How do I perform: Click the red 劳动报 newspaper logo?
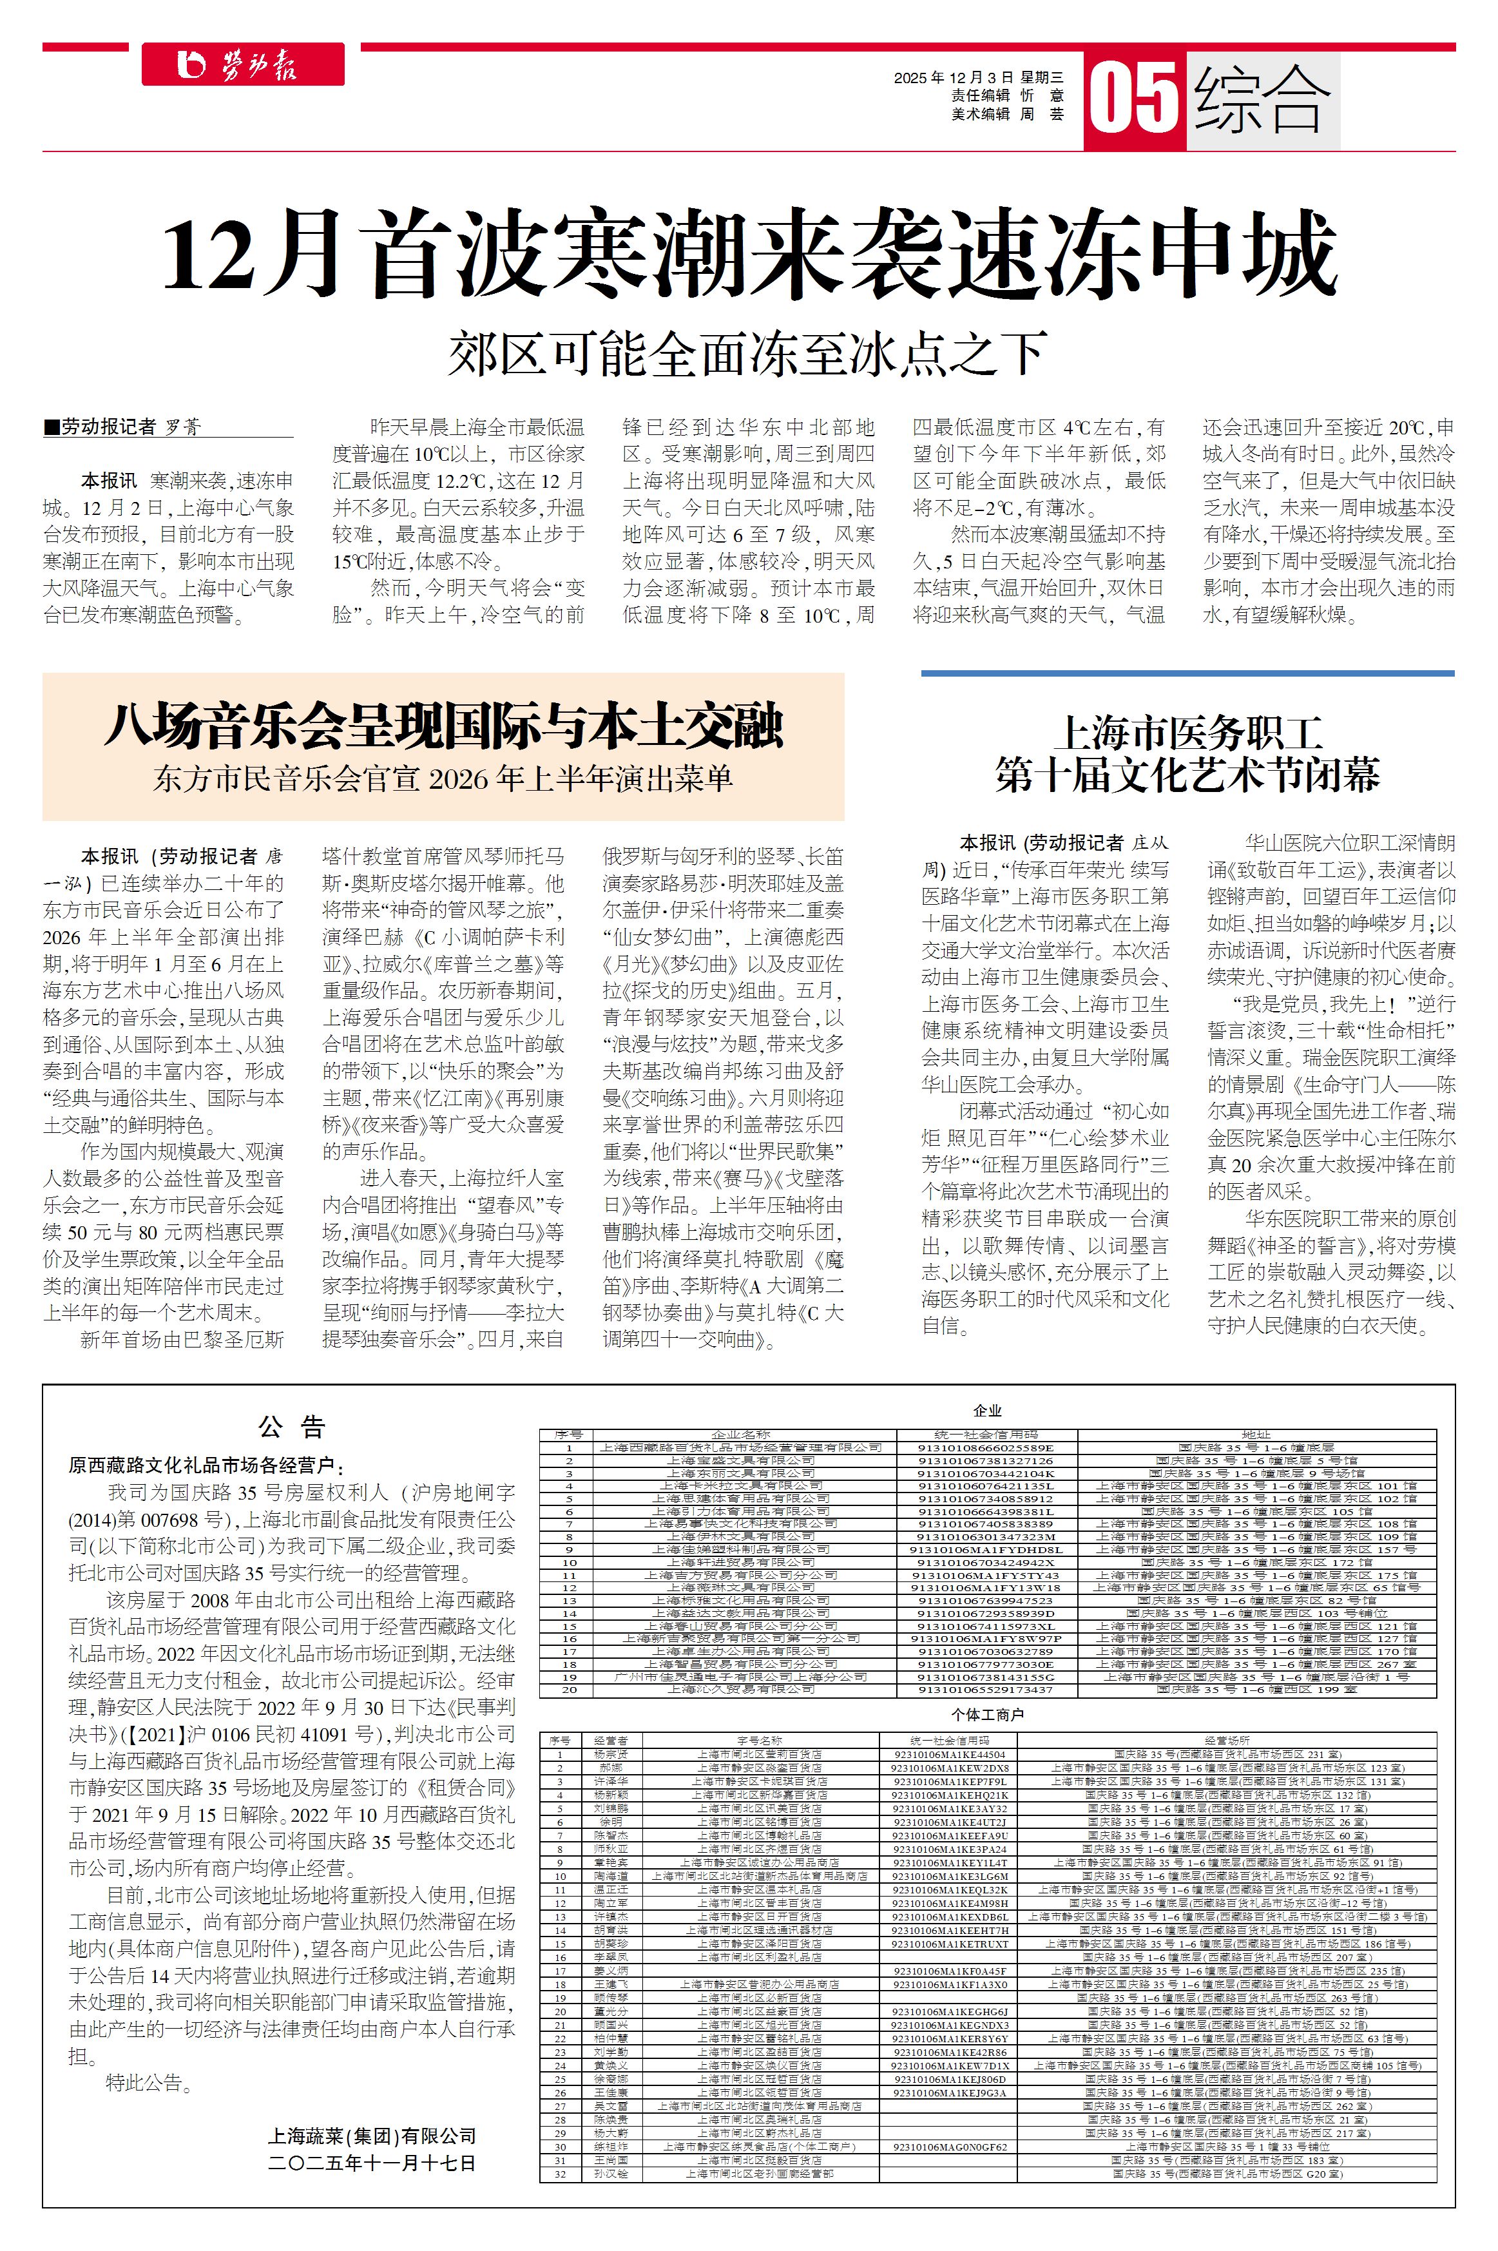point(243,65)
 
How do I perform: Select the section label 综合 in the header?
point(1262,99)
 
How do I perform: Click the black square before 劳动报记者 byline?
point(52,427)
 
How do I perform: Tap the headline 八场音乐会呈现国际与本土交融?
point(443,727)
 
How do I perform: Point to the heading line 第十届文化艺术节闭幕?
point(1187,775)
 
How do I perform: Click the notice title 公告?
point(293,1427)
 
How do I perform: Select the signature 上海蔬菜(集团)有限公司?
point(372,2136)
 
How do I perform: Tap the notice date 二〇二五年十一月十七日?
point(372,2163)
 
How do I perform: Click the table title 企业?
point(987,1410)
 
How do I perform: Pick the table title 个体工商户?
point(987,1715)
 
